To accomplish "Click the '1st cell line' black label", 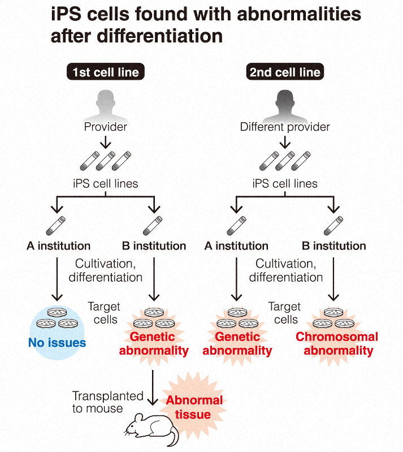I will pyautogui.click(x=105, y=72).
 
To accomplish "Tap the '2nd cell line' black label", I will pyautogui.click(x=284, y=72).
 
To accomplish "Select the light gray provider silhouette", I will pyautogui.click(x=106, y=102).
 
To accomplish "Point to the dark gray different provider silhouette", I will pyautogui.click(x=284, y=102).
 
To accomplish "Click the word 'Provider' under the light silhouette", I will pyautogui.click(x=106, y=126).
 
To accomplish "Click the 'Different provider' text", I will pyautogui.click(x=284, y=126).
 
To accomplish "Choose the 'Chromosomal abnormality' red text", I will pyautogui.click(x=337, y=343).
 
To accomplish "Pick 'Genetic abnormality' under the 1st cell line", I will pyautogui.click(x=154, y=343).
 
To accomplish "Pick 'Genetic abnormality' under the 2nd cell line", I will pyautogui.click(x=237, y=343).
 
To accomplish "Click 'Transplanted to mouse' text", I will pyautogui.click(x=107, y=402).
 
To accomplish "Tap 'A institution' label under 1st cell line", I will pyautogui.click(x=58, y=246).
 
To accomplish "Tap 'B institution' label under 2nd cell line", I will pyautogui.click(x=333, y=246).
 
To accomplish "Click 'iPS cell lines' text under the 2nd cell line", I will pyautogui.click(x=284, y=183).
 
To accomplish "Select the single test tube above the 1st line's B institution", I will pyautogui.click(x=153, y=225).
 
